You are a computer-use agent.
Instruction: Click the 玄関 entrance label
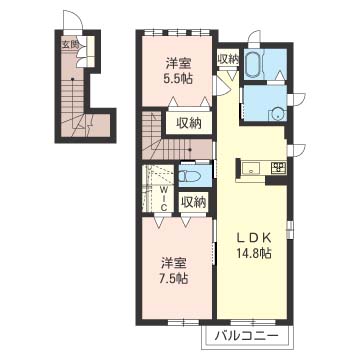pos(70,44)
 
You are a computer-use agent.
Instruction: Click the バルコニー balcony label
pos(246,335)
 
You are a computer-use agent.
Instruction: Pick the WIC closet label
pos(164,198)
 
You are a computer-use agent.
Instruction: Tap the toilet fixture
pos(189,175)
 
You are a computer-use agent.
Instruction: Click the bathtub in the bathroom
pos(255,64)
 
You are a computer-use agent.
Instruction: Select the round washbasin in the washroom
pos(276,113)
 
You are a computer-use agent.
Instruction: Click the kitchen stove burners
pos(278,167)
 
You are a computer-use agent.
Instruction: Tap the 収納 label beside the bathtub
pos(228,59)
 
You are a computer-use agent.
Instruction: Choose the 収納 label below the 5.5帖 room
pos(189,124)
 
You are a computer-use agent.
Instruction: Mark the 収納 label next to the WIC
pos(193,202)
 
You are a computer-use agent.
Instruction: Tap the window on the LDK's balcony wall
pos(253,322)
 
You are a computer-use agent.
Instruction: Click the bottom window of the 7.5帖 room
pos(183,322)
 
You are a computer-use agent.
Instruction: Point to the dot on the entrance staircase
pos(72,79)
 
